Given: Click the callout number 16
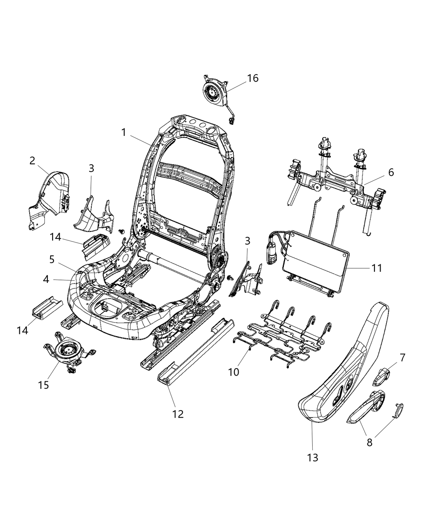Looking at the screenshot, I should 253,78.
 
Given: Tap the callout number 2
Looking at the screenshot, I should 32,161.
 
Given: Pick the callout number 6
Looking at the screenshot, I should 390,172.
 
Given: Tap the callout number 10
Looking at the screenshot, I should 234,372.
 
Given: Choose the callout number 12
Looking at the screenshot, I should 178,413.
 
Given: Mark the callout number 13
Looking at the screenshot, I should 313,457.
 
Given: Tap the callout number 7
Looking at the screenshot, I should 402,357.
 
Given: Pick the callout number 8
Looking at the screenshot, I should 369,442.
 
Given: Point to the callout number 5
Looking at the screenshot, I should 51,259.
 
